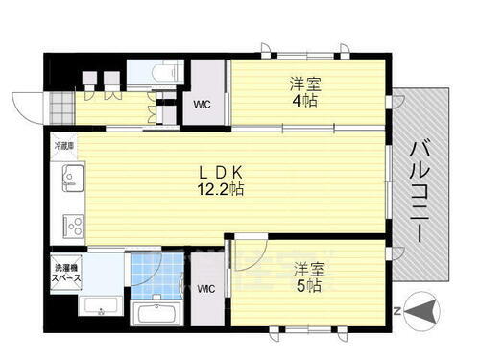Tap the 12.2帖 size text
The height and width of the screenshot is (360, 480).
pos(220,190)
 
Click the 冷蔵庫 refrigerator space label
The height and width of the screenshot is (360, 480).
pos(63,147)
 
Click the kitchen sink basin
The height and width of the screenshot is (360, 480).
pos(72,178)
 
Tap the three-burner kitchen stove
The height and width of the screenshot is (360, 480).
pos(73,227)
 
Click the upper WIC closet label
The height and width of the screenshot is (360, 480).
pos(203,104)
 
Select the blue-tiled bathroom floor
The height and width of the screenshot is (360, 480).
pos(156,274)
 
